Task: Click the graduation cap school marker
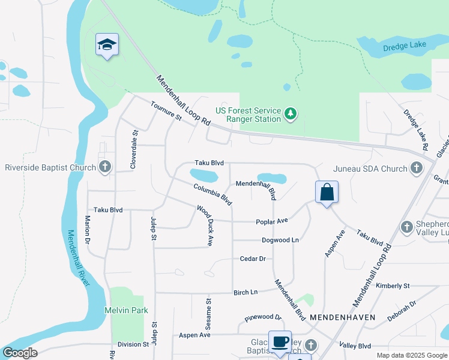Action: (107, 44)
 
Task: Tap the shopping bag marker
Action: (327, 193)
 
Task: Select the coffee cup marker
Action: (280, 342)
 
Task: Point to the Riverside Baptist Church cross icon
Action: (105, 167)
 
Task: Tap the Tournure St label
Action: (166, 111)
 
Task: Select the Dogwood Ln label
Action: (280, 240)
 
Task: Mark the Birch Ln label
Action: (245, 292)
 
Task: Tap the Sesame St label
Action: (209, 314)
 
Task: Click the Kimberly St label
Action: (393, 286)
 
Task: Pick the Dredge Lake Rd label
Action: (415, 129)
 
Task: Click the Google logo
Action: (19, 353)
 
